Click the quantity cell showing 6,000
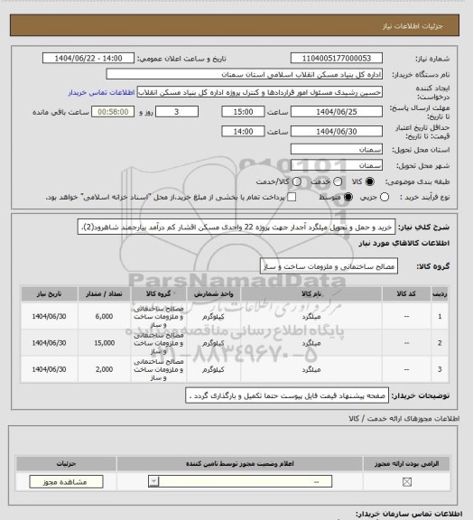click(103, 316)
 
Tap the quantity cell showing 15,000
click(103, 344)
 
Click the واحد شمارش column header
click(226, 294)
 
